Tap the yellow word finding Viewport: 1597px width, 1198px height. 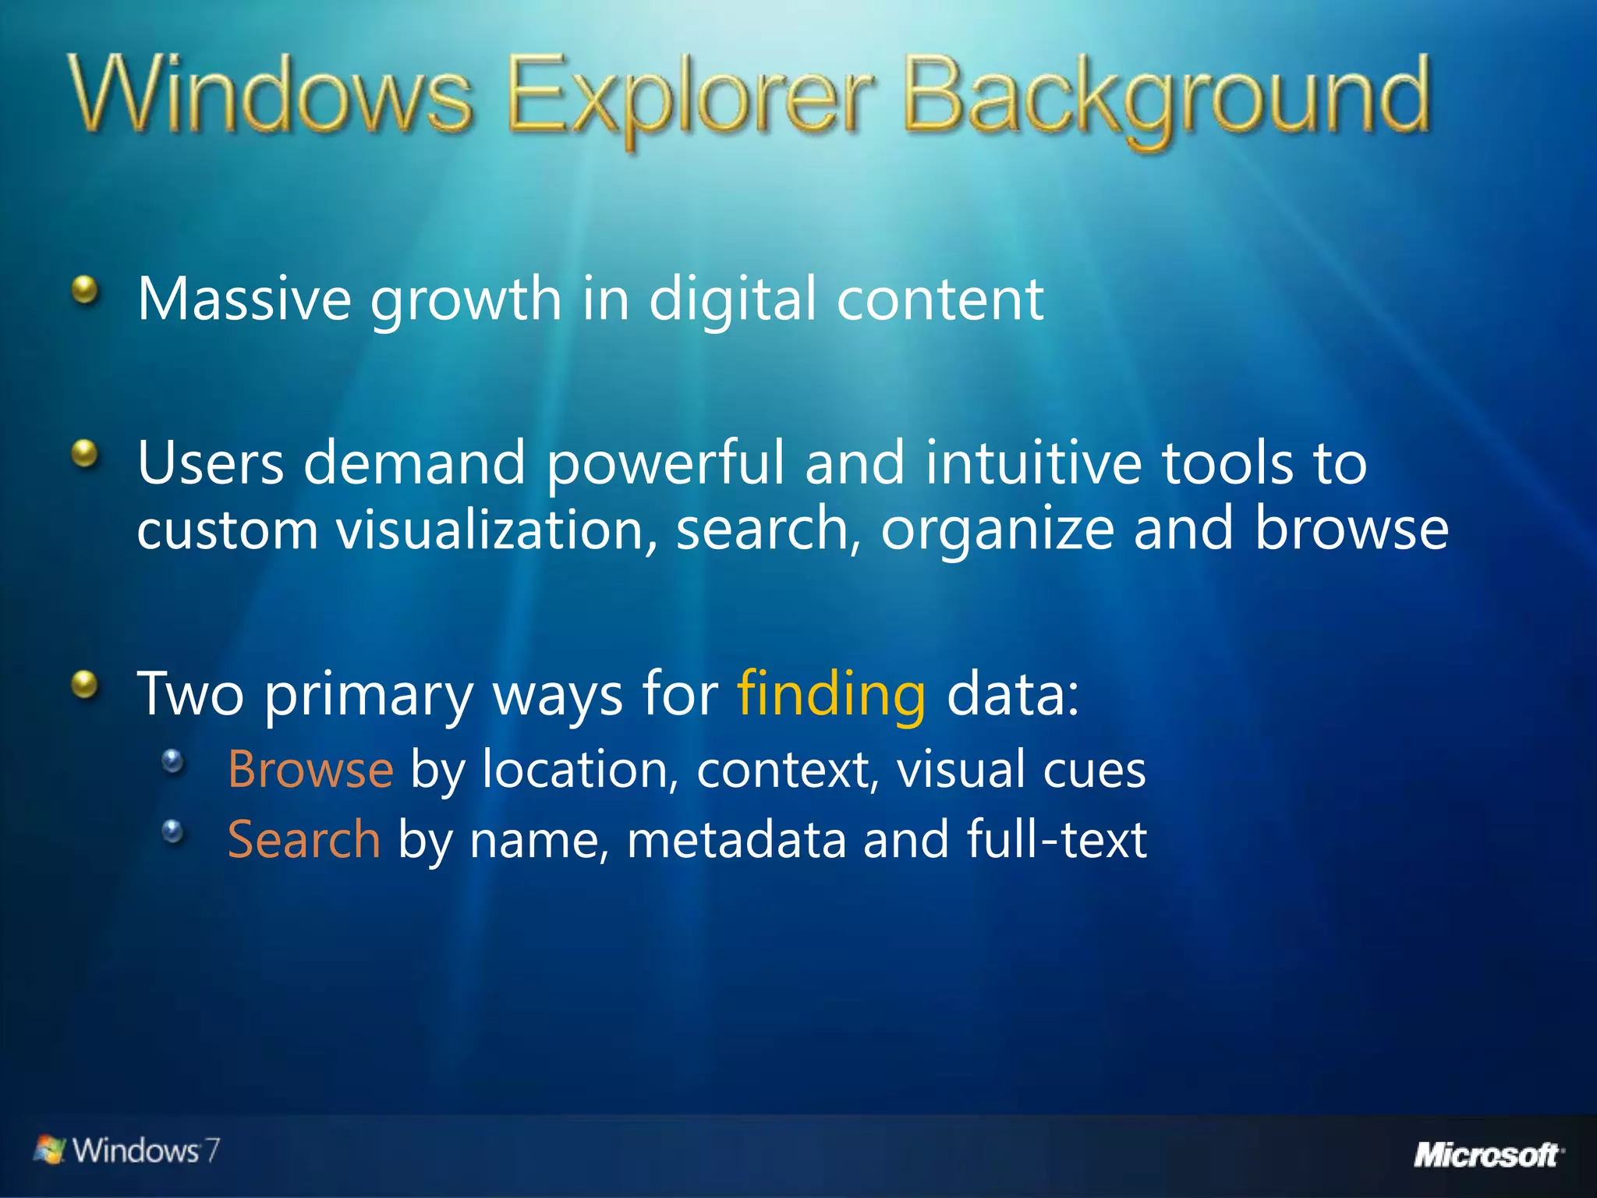(831, 693)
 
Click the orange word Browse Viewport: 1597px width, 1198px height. (310, 769)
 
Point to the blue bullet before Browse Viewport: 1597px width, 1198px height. (173, 760)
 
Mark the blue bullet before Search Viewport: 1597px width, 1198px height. (173, 831)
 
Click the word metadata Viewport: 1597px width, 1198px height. (736, 840)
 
